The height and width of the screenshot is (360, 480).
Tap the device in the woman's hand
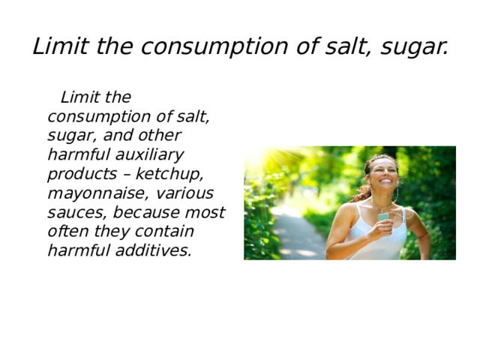383,217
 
